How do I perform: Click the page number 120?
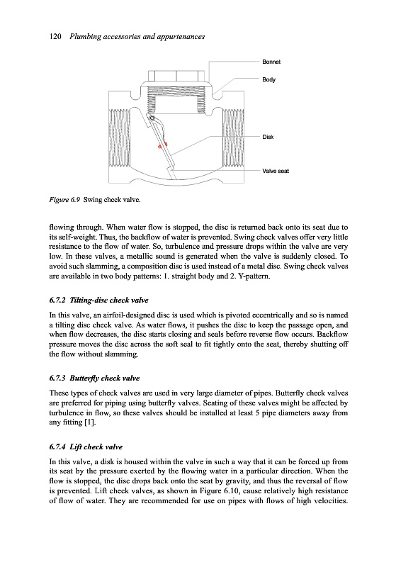(55, 37)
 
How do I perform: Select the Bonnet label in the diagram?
(271, 62)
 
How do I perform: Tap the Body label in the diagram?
(268, 79)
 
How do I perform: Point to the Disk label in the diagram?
(268, 137)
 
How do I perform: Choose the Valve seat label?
(276, 171)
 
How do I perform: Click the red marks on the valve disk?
(162, 145)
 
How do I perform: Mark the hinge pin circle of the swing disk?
(152, 118)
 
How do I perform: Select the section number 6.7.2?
(57, 300)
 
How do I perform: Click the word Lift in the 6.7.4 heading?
(76, 447)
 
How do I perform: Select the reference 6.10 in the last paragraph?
(232, 491)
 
